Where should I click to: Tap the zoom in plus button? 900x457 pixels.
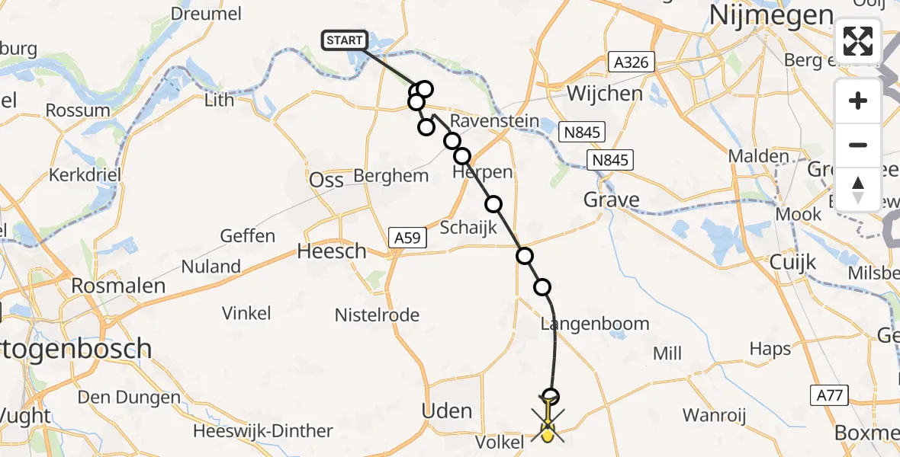[858, 101]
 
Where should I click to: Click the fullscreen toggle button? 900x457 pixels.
[858, 41]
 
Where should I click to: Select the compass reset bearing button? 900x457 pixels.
[858, 188]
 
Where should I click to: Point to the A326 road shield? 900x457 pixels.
[632, 62]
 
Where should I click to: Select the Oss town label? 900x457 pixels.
[327, 181]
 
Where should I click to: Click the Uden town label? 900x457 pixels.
[447, 411]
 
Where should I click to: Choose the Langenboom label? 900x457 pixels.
[594, 324]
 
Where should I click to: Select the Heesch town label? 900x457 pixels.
[332, 251]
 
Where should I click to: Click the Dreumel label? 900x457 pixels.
[206, 14]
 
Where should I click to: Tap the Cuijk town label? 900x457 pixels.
[793, 262]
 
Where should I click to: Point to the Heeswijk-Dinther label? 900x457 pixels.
[263, 431]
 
